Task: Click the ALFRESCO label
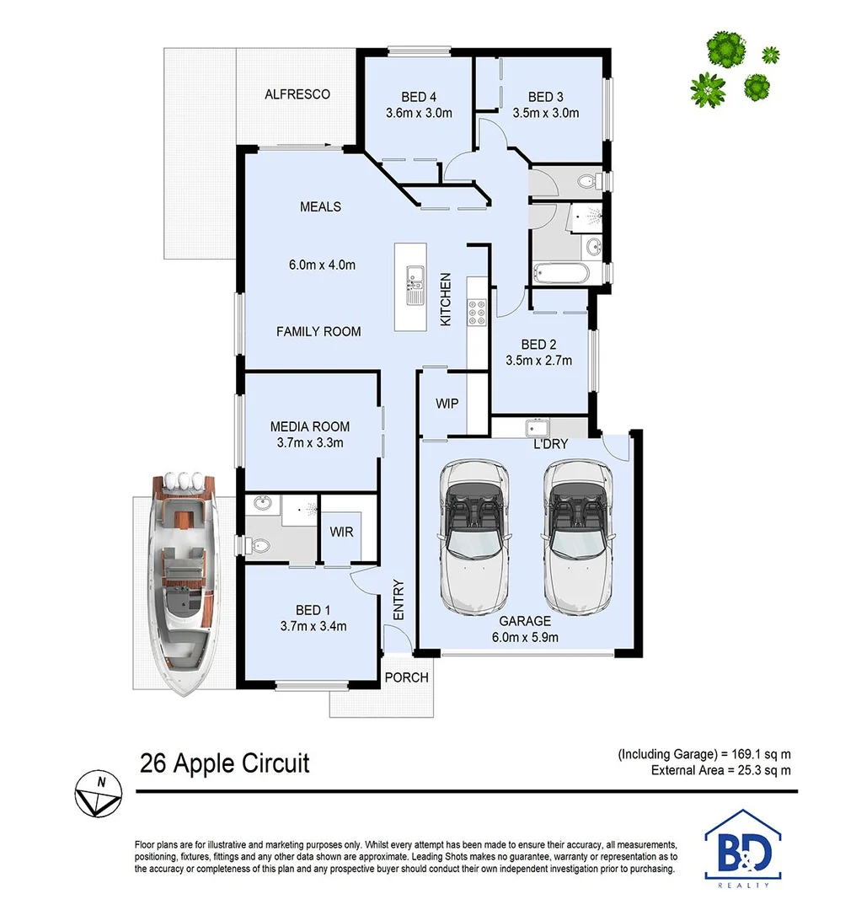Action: (x=297, y=94)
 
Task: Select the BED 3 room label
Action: (x=546, y=96)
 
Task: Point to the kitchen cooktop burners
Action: (x=476, y=313)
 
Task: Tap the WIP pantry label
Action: (x=447, y=404)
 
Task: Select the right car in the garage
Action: (x=579, y=537)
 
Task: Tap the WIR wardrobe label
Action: (x=342, y=533)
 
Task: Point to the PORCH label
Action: (x=406, y=677)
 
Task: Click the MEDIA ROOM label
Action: (x=309, y=426)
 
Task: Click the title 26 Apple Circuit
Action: (x=225, y=763)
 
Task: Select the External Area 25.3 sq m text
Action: (x=721, y=770)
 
